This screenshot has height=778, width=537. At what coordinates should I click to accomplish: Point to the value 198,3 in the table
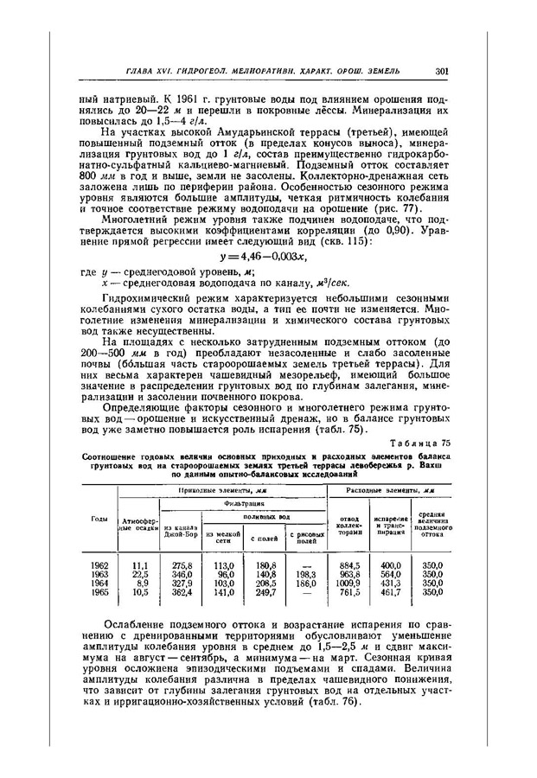tap(305, 575)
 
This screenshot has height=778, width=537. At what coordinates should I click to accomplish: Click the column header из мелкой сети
tap(222, 538)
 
